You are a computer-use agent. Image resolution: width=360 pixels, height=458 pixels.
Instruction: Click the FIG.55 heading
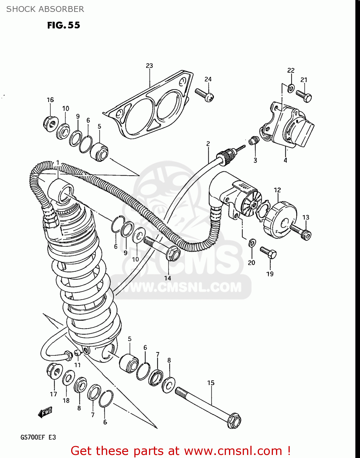(x=64, y=25)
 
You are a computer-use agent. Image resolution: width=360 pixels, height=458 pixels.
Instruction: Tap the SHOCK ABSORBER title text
(x=45, y=9)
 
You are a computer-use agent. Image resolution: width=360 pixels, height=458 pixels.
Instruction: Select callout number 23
(x=149, y=66)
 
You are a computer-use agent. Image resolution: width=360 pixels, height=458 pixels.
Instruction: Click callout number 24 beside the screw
(x=208, y=79)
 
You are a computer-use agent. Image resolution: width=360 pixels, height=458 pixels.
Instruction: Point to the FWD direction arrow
(x=45, y=413)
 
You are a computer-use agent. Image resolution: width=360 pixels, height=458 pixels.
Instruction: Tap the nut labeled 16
(x=50, y=123)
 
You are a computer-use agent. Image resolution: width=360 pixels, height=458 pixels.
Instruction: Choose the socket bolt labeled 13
(x=301, y=232)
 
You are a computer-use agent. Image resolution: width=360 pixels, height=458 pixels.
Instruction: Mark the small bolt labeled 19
(x=268, y=253)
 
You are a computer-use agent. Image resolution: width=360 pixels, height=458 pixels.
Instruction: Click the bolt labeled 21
(x=304, y=96)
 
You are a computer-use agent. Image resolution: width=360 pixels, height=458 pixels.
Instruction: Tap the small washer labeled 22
(x=291, y=89)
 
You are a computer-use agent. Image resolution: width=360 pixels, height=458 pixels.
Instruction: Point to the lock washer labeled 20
(x=252, y=243)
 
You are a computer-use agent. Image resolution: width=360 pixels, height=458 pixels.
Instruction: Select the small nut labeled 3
(x=252, y=141)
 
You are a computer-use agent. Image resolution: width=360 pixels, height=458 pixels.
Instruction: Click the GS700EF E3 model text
(x=38, y=437)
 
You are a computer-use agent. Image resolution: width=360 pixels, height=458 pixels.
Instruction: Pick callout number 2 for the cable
(x=208, y=144)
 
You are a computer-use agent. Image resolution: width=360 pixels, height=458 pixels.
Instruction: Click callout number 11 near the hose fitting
(x=78, y=365)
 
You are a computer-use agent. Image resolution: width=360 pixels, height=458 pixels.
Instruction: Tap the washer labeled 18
(x=68, y=379)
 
